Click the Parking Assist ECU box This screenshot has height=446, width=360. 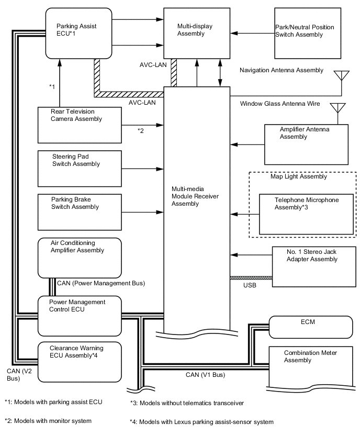tap(78, 32)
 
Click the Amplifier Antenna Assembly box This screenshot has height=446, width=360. tap(306, 144)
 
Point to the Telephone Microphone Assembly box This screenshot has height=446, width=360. tap(306, 214)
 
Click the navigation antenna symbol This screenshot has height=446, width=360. tap(343, 75)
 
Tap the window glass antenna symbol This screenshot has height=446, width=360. tap(337, 109)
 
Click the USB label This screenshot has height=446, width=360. tap(250, 285)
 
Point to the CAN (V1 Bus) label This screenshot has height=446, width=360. tap(207, 375)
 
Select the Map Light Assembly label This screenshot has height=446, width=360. tap(298, 176)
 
